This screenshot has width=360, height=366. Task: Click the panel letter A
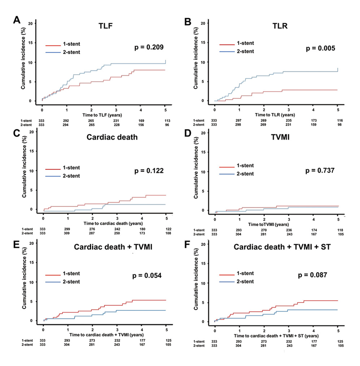[x=16, y=20]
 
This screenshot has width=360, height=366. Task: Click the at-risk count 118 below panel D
[x=338, y=230]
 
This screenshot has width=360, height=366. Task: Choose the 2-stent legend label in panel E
[x=72, y=282]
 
